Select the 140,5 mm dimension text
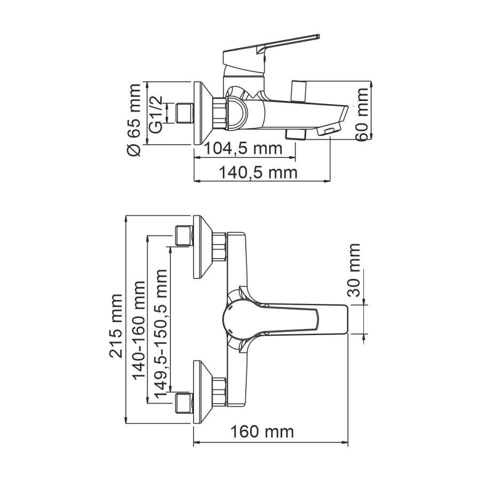(259, 173)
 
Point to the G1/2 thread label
(155, 114)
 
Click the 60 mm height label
(363, 114)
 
